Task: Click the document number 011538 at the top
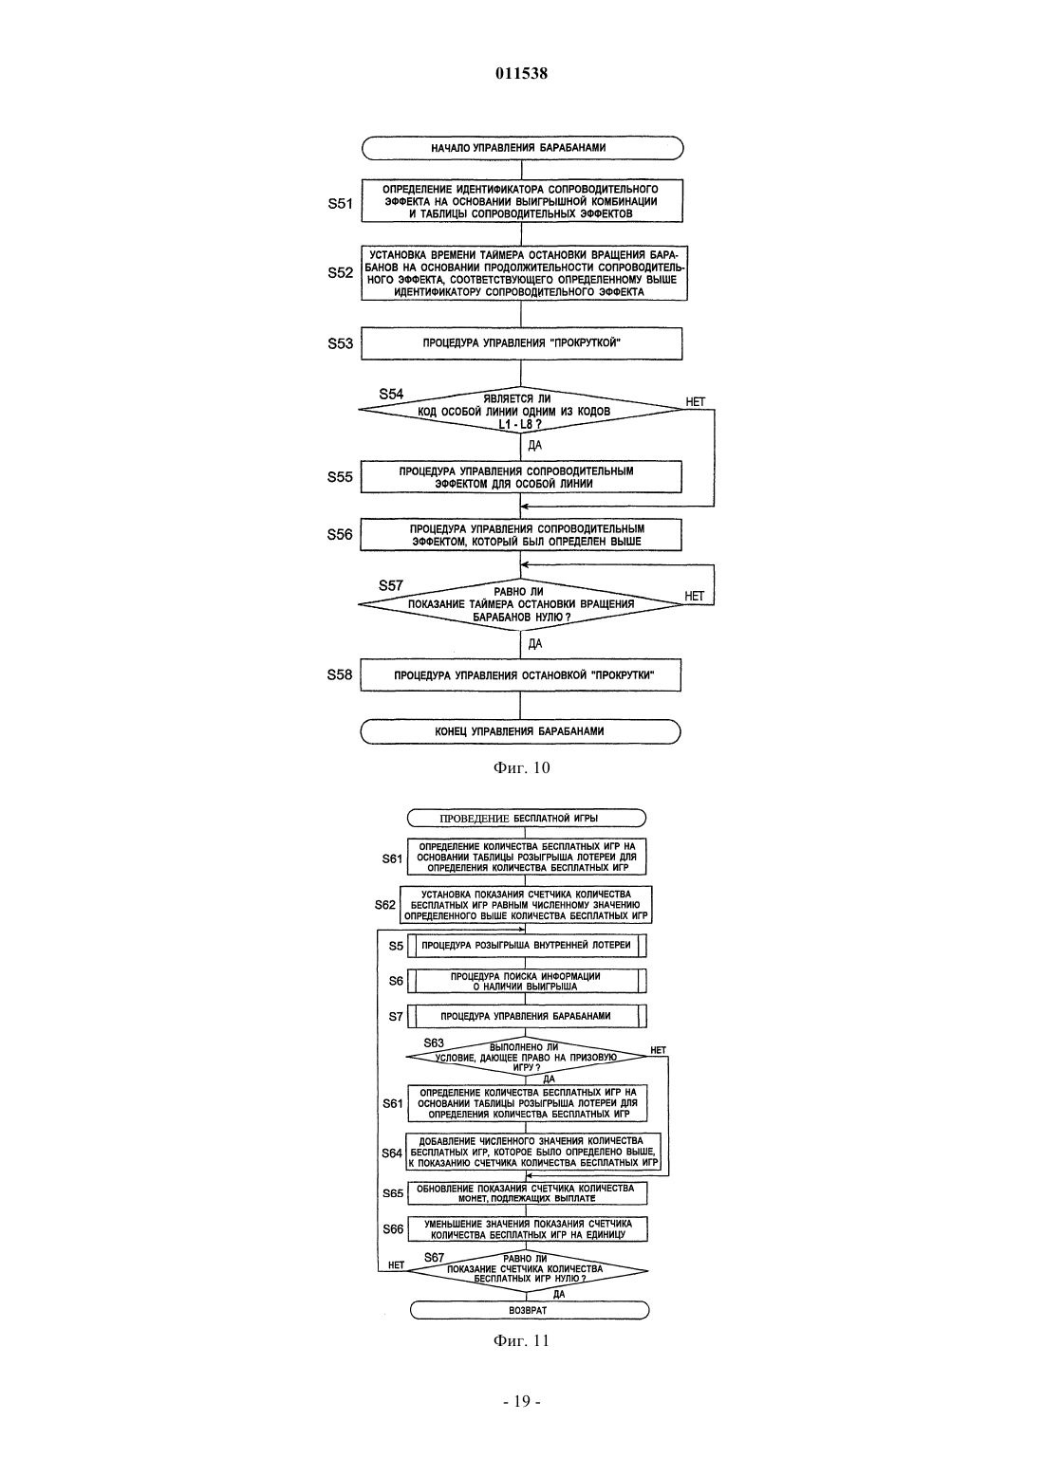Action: pos(521,73)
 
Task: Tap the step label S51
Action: pos(340,204)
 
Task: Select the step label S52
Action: pos(340,273)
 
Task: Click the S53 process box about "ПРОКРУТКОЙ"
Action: pos(521,343)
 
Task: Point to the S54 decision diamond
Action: pos(521,410)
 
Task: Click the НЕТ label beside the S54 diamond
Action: pos(696,401)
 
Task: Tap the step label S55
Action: pos(340,477)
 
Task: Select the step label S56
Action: pos(340,534)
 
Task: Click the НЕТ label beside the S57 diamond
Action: pos(694,596)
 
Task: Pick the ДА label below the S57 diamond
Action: pos(535,644)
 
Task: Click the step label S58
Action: pos(340,674)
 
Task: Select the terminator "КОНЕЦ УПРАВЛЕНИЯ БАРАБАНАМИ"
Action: pos(520,731)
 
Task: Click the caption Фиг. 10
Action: pos(521,767)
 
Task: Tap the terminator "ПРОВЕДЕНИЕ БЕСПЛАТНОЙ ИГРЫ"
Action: pos(527,818)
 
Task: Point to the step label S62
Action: pos(385,905)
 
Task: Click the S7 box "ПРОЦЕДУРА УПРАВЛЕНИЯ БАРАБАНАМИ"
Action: pos(528,1016)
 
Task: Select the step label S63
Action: pos(434,1043)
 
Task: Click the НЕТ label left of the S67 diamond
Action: pos(396,1265)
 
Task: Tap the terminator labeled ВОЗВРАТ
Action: pos(529,1311)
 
